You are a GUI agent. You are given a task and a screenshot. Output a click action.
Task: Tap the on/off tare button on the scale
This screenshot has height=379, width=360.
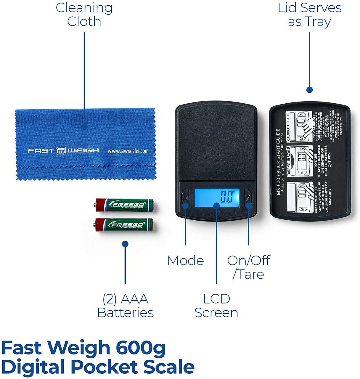pyautogui.click(x=248, y=197)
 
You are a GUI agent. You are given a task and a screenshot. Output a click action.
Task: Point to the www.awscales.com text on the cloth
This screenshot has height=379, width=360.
pyautogui.click(x=128, y=151)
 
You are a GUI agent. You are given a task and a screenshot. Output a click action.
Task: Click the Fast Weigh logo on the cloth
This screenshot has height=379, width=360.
pyautogui.click(x=63, y=150)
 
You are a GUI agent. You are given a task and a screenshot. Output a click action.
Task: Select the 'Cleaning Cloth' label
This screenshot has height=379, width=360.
pyautogui.click(x=84, y=15)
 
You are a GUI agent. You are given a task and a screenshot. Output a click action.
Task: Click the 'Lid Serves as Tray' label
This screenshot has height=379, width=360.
pyautogui.click(x=310, y=15)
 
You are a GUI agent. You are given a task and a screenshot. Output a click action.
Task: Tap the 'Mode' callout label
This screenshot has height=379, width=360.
pyautogui.click(x=186, y=261)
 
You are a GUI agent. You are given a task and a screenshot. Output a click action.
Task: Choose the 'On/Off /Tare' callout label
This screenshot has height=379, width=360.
pyautogui.click(x=248, y=267)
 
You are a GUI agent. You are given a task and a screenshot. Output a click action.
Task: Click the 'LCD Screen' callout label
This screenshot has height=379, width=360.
pyautogui.click(x=216, y=306)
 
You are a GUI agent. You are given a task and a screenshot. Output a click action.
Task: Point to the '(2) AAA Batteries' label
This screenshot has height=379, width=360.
pyautogui.click(x=126, y=306)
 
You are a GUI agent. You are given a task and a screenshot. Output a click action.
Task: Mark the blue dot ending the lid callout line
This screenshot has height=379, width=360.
pyautogui.click(x=310, y=90)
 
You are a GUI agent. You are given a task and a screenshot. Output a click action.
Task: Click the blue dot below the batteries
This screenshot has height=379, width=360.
pyautogui.click(x=125, y=244)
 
